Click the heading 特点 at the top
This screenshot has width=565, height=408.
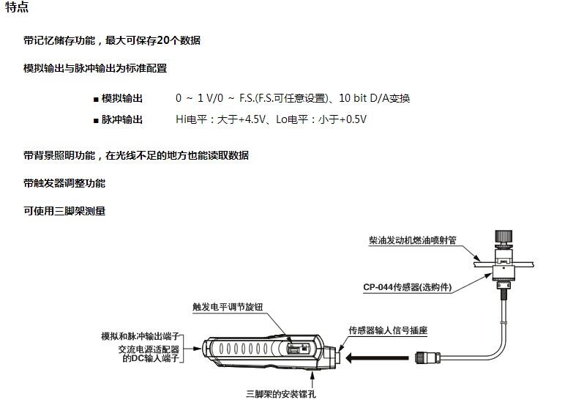click(x=17, y=7)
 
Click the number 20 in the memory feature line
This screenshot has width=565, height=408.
click(x=163, y=40)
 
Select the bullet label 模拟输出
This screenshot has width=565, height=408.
click(x=121, y=98)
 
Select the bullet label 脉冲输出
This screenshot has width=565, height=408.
click(x=121, y=119)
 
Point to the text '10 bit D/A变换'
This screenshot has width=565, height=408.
click(x=375, y=98)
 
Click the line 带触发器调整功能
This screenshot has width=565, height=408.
click(x=64, y=183)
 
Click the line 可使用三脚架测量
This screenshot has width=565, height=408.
click(x=64, y=211)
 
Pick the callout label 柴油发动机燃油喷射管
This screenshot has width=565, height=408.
click(x=413, y=240)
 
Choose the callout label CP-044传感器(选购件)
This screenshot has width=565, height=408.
click(x=407, y=287)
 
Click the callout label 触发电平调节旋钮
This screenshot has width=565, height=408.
click(x=228, y=307)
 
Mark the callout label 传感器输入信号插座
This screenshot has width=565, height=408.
click(x=388, y=330)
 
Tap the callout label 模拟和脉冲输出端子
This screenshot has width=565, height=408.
click(x=141, y=336)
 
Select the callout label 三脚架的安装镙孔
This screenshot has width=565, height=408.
click(x=281, y=394)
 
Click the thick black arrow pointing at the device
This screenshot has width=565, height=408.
click(x=377, y=358)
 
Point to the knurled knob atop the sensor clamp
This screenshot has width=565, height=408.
click(x=504, y=237)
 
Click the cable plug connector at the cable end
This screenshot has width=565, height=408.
click(x=427, y=357)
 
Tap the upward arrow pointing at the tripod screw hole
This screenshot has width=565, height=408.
click(x=313, y=379)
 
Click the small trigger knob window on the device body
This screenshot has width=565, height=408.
click(x=298, y=349)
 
